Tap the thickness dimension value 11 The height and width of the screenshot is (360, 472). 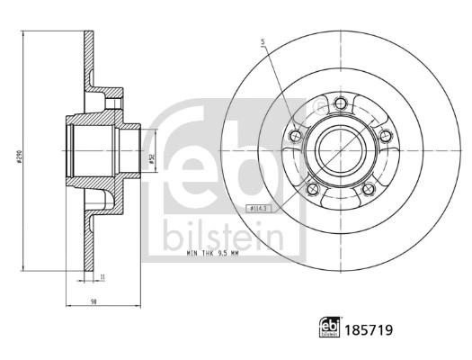(102, 278)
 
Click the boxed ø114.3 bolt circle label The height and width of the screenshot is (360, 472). (261, 209)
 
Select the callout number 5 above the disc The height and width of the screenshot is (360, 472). (263, 41)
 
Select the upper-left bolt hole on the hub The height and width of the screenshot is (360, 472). (297, 135)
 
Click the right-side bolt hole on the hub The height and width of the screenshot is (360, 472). (385, 136)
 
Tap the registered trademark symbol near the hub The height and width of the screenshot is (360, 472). (315, 106)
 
